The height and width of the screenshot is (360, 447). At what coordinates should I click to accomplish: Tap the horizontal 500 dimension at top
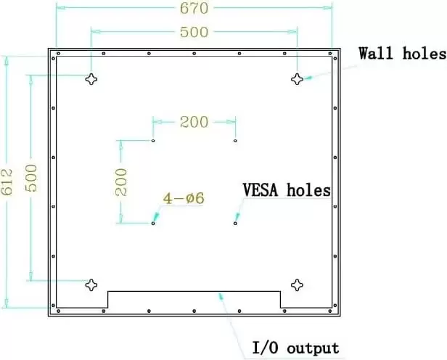pyautogui.click(x=193, y=32)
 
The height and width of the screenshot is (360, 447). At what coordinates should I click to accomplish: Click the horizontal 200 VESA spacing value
pyautogui.click(x=194, y=122)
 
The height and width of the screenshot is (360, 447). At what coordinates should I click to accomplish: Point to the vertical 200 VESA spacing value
pyautogui.click(x=121, y=181)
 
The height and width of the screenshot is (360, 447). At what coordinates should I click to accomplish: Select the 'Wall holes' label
pyautogui.click(x=402, y=54)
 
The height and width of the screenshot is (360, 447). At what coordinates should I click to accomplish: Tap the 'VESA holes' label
pyautogui.click(x=286, y=190)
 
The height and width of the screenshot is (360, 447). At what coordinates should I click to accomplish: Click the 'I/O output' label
pyautogui.click(x=295, y=347)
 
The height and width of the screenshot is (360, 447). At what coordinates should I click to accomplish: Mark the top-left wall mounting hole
pyautogui.click(x=91, y=80)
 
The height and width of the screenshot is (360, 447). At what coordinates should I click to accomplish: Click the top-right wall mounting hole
pyautogui.click(x=297, y=80)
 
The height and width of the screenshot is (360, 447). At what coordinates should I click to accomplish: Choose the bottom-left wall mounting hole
pyautogui.click(x=91, y=285)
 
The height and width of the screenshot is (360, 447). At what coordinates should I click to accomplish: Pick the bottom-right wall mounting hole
pyautogui.click(x=297, y=285)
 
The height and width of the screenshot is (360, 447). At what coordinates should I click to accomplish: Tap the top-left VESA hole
pyautogui.click(x=153, y=141)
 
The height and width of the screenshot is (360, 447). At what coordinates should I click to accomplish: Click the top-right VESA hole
pyautogui.click(x=235, y=141)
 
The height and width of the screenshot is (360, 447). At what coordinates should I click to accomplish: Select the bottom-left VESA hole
pyautogui.click(x=153, y=223)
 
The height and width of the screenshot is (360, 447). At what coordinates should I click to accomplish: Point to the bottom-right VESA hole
pyautogui.click(x=235, y=223)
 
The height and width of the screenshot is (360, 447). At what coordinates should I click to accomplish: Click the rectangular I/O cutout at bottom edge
pyautogui.click(x=194, y=300)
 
